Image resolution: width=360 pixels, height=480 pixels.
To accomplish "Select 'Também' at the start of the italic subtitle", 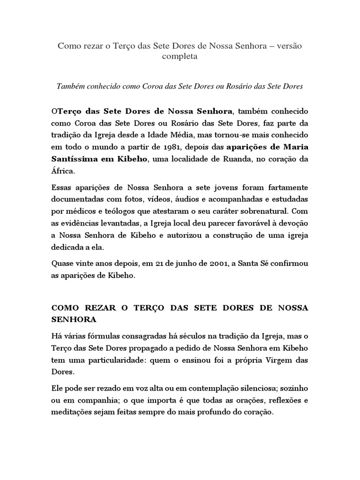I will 70,86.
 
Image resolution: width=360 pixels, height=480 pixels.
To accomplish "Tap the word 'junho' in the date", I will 177,264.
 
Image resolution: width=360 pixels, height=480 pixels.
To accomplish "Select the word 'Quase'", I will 62,264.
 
